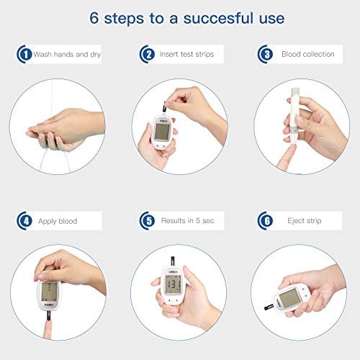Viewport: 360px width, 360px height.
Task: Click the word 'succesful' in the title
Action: point(218,18)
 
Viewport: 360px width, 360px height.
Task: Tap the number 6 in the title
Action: point(94,18)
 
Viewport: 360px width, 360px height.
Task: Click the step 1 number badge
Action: point(24,54)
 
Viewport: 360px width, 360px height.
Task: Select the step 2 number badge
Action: point(147,54)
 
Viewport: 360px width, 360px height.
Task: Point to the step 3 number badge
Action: point(265,54)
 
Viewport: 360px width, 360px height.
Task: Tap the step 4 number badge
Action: point(24,221)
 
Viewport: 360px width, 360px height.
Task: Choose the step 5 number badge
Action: point(147,221)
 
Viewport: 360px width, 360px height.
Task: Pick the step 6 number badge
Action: point(265,221)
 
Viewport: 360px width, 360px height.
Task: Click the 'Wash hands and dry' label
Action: point(67,55)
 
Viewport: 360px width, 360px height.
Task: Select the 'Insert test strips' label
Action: point(186,54)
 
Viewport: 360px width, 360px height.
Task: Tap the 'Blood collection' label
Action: point(308,54)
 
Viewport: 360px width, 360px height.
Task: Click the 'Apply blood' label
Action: point(58,221)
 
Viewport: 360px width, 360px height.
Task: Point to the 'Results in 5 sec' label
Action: point(187,220)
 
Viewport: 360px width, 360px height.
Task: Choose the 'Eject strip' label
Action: point(305,221)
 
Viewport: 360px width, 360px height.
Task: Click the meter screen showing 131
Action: point(174,284)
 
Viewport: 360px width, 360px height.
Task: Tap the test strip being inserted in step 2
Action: point(165,107)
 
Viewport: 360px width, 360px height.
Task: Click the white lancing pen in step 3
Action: point(294,116)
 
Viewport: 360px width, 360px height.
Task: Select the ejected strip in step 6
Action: point(269,307)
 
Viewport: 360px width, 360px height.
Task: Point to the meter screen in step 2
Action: point(162,132)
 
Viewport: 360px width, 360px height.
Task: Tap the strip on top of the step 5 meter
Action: point(173,261)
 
